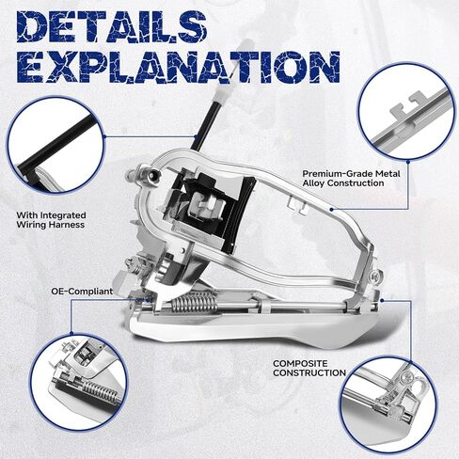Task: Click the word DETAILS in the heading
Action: pyautogui.click(x=112, y=26)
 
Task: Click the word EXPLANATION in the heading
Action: pyautogui.click(x=178, y=67)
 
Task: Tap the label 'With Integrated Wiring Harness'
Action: pyautogui.click(x=51, y=220)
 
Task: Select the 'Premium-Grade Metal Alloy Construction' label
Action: pyautogui.click(x=351, y=178)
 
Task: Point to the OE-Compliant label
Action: pyautogui.click(x=82, y=292)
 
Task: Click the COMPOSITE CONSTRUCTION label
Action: pyautogui.click(x=309, y=368)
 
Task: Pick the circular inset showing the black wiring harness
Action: pyautogui.click(x=55, y=145)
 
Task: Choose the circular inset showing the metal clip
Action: pyautogui.click(x=406, y=112)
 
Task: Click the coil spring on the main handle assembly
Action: pyautogui.click(x=195, y=302)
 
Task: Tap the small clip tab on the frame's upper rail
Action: pyautogui.click(x=297, y=205)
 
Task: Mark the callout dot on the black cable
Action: pyautogui.click(x=196, y=137)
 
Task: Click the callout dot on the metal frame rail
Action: pyautogui.click(x=332, y=209)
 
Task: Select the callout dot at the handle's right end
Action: pyautogui.click(x=382, y=300)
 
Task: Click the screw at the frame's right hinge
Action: pyautogui.click(x=374, y=277)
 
